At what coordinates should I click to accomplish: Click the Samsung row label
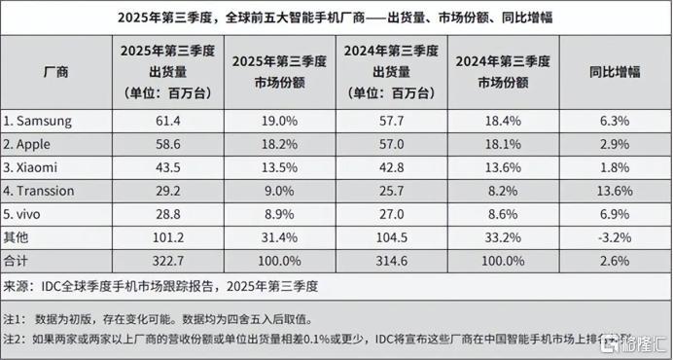39,122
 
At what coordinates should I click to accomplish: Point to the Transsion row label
42,190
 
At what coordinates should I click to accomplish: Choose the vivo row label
28,212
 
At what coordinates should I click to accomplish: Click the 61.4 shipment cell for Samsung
160,122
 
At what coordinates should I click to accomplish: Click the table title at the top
336,18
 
